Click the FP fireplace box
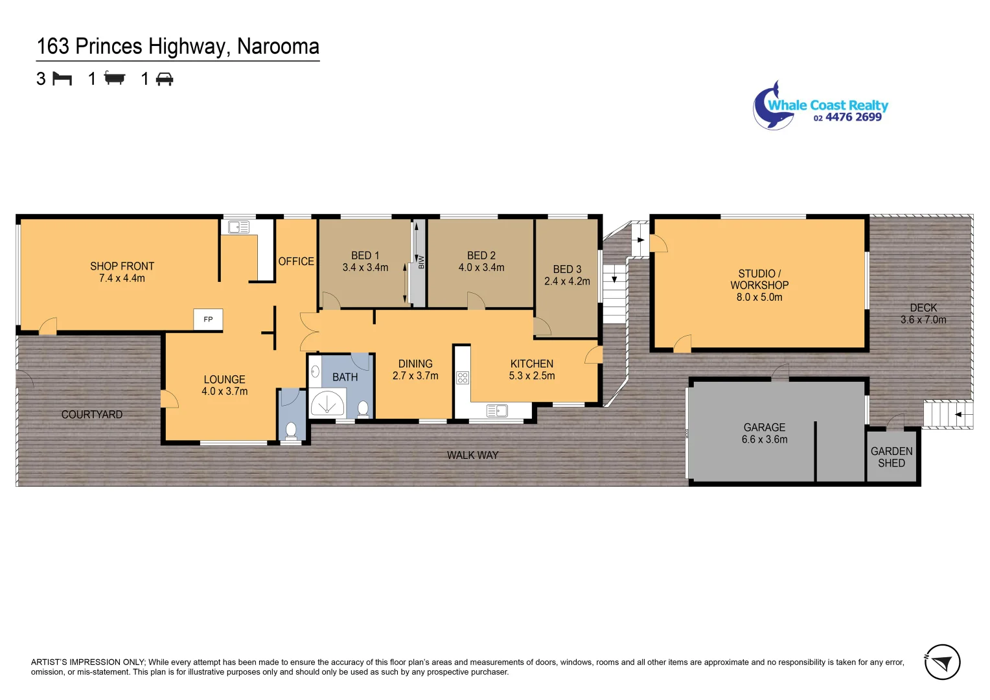click(x=208, y=320)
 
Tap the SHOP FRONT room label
click(x=122, y=266)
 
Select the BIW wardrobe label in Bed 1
click(x=420, y=262)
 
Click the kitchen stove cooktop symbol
click(x=463, y=378)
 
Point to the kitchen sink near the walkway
click(x=497, y=411)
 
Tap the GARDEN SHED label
click(x=892, y=457)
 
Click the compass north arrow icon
click(x=942, y=662)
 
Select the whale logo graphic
click(x=772, y=107)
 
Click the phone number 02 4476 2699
click(x=847, y=117)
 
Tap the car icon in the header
click(x=165, y=79)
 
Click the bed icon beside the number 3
click(x=62, y=79)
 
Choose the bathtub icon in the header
click(x=115, y=79)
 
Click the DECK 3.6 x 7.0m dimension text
click(x=923, y=320)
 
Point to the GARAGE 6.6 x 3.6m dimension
click(x=765, y=439)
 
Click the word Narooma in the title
click(x=278, y=47)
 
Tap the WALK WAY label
click(x=472, y=456)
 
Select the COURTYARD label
click(x=92, y=415)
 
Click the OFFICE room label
click(x=296, y=261)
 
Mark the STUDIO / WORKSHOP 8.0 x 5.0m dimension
click(x=759, y=297)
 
